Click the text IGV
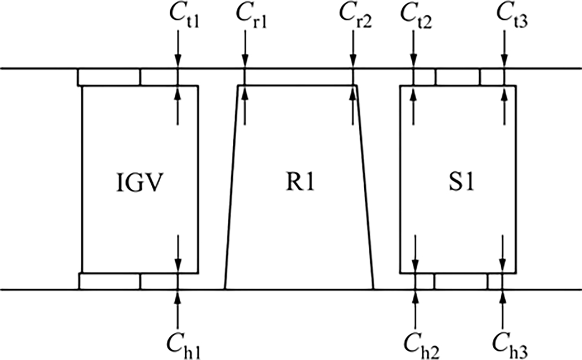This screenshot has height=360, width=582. point(140,183)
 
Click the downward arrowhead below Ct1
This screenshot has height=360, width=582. point(178,61)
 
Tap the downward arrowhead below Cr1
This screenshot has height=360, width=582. point(245,61)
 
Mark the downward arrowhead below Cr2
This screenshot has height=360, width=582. point(353,61)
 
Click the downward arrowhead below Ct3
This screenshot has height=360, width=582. point(504,61)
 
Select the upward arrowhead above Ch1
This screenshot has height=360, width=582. point(178,296)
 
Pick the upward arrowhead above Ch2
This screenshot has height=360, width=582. point(416,296)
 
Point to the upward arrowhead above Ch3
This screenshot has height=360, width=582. point(503,296)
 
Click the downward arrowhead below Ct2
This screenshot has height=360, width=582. point(414,61)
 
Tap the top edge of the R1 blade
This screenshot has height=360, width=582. point(297,85)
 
